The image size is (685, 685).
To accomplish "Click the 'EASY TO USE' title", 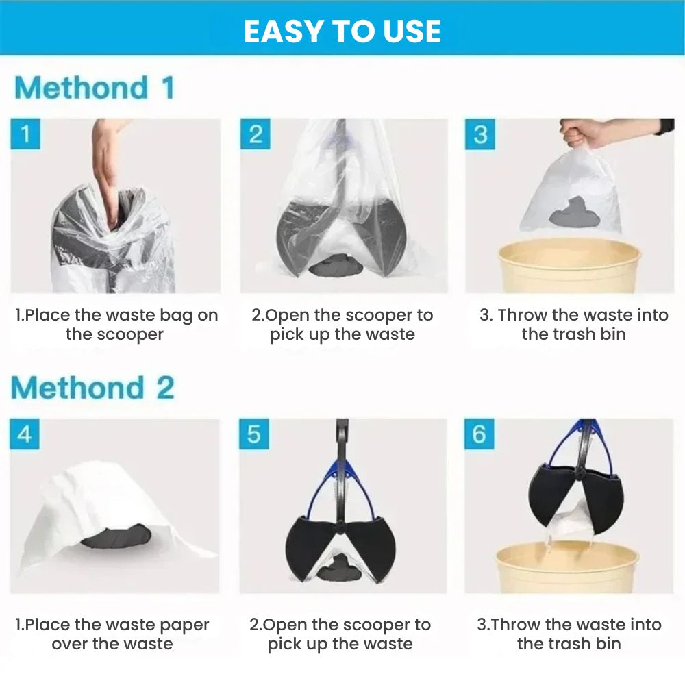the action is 342,31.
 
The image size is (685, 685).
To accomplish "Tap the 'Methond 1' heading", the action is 95,88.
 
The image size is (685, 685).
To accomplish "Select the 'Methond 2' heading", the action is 92,388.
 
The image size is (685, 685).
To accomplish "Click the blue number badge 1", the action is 25,134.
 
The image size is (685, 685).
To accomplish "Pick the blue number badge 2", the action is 255,134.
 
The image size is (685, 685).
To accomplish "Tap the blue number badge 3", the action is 480,134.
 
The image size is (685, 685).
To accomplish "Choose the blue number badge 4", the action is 25,434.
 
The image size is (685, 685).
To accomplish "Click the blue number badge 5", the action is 254,434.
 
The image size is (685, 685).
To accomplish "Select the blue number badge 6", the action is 480,434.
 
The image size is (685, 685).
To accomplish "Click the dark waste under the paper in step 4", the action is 116,536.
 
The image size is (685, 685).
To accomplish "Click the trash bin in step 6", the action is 568,567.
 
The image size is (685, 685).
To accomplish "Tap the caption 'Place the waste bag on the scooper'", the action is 116,325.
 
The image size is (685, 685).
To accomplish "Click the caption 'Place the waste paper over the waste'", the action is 112,634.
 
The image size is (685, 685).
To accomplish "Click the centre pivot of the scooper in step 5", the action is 338,527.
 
